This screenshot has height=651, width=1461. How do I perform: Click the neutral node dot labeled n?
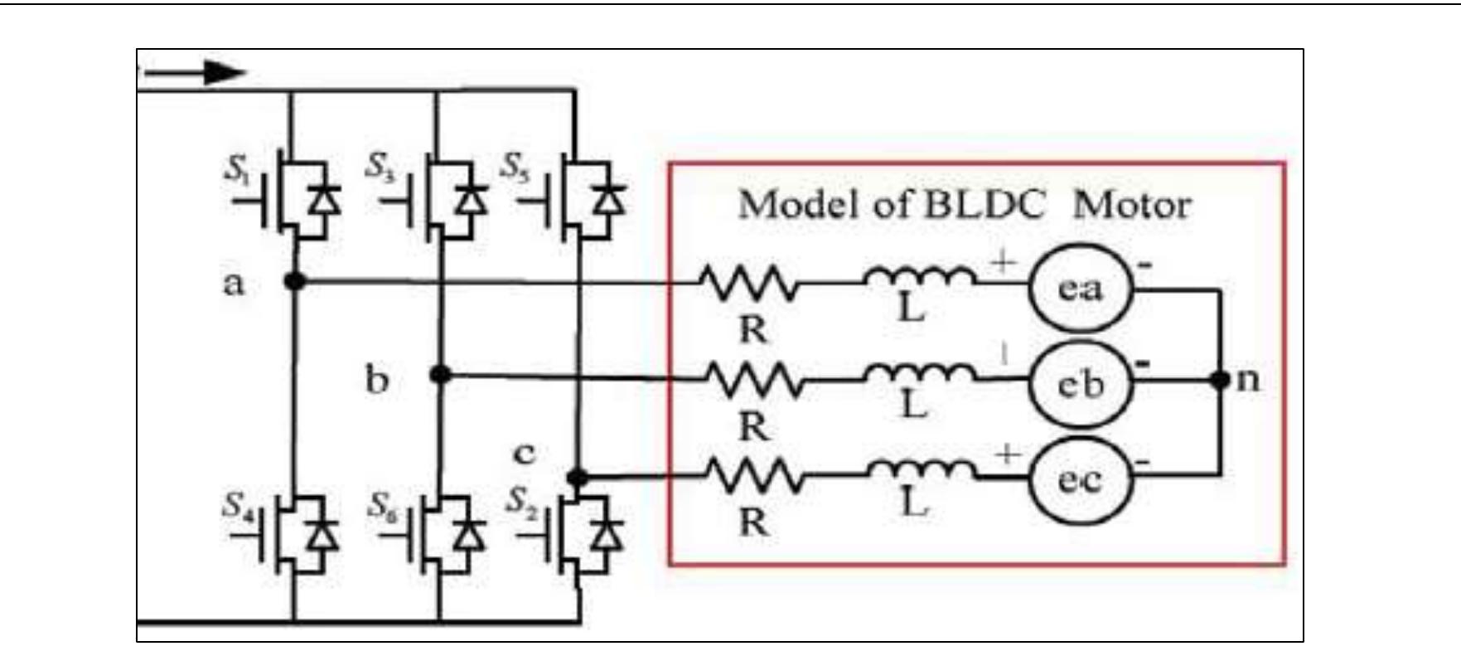[1221, 380]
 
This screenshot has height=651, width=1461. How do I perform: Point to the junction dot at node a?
[294, 281]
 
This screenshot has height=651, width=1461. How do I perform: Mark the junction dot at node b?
[441, 375]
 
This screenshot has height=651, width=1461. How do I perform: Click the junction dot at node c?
[578, 477]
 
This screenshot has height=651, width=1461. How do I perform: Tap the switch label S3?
[380, 168]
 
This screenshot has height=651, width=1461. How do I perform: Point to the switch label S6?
[382, 505]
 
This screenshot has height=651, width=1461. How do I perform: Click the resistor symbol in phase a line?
[750, 283]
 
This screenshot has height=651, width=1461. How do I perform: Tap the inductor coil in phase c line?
[920, 470]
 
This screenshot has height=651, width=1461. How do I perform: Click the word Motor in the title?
[1132, 205]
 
